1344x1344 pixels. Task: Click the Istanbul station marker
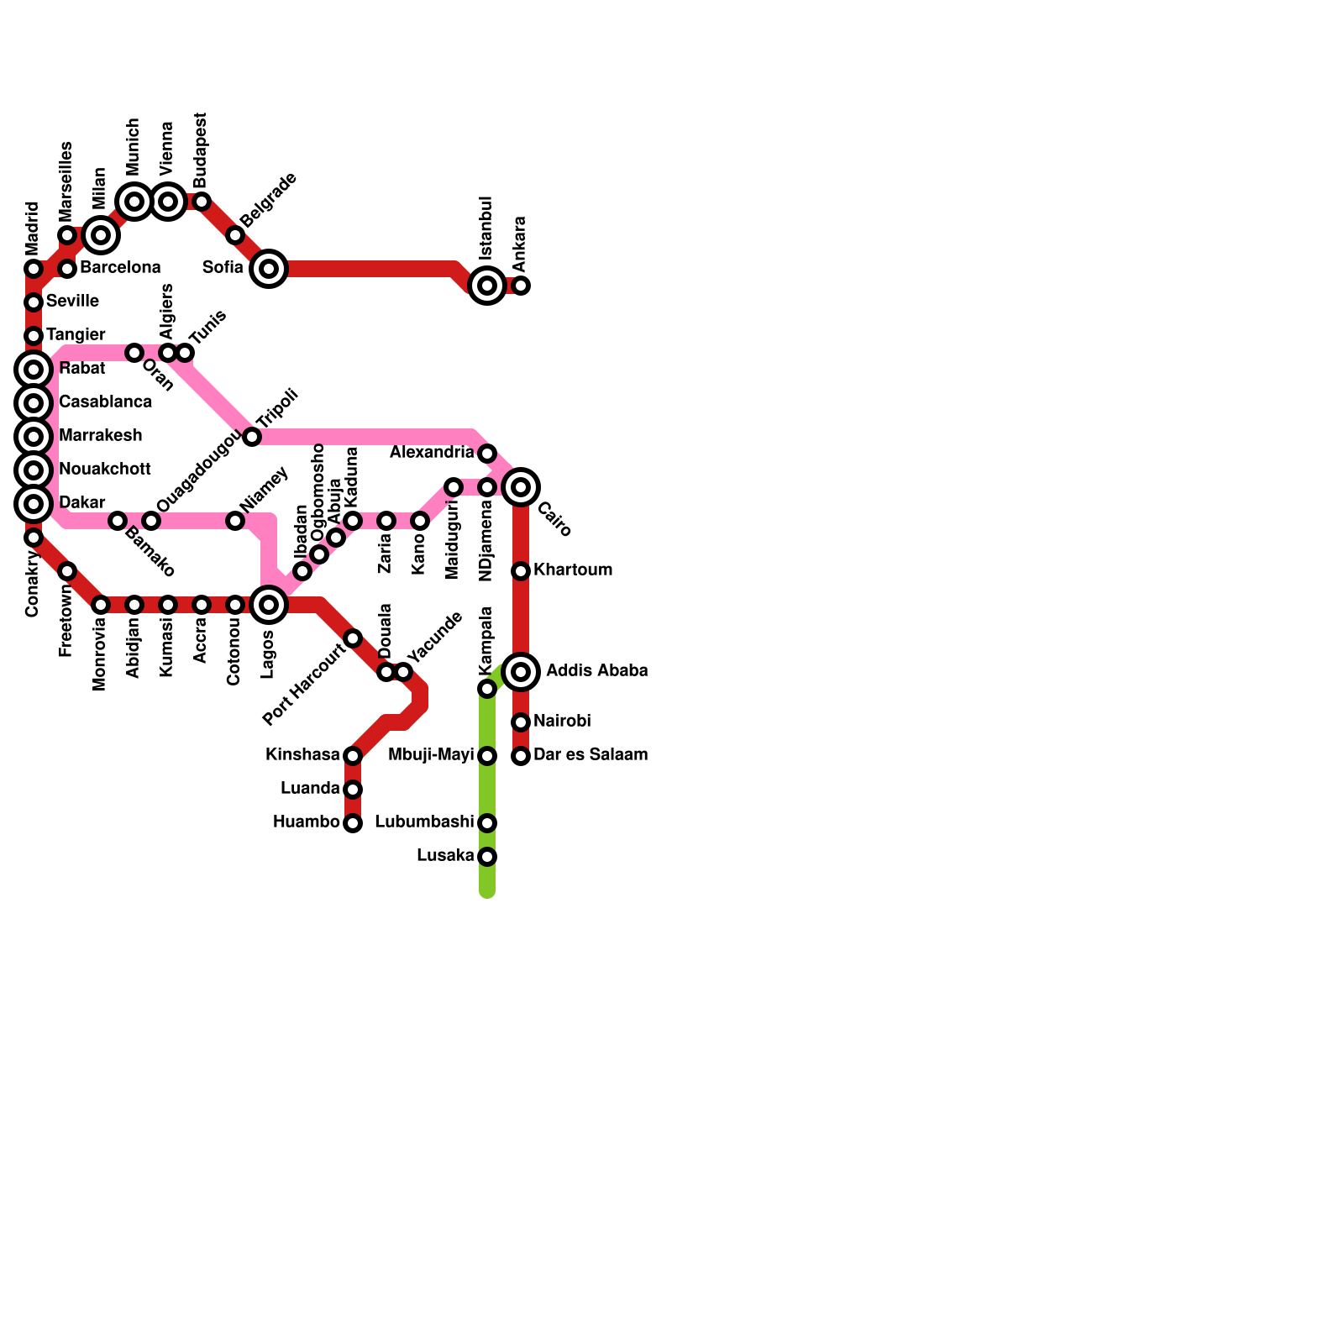coord(487,286)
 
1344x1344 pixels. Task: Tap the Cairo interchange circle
coord(521,487)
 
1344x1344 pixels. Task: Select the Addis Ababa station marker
coord(521,672)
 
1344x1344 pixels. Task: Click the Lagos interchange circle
coord(269,605)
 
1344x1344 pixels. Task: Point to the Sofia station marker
coord(269,269)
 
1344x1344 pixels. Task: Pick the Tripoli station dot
coord(252,437)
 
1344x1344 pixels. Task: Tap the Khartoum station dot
coord(521,571)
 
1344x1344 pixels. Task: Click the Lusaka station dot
coord(487,857)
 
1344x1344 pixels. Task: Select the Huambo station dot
coord(353,823)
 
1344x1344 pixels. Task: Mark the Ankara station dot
coord(521,286)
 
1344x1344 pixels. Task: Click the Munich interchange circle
coord(134,202)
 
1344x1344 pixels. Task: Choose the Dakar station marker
coord(34,504)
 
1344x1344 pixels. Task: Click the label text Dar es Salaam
coord(591,755)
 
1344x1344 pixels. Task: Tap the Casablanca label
coord(105,402)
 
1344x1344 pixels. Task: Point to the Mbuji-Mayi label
coord(431,755)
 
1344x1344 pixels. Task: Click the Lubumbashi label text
coord(424,822)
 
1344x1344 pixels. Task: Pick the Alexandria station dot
coord(487,454)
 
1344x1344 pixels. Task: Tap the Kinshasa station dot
coord(353,756)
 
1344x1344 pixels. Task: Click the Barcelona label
coord(120,268)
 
